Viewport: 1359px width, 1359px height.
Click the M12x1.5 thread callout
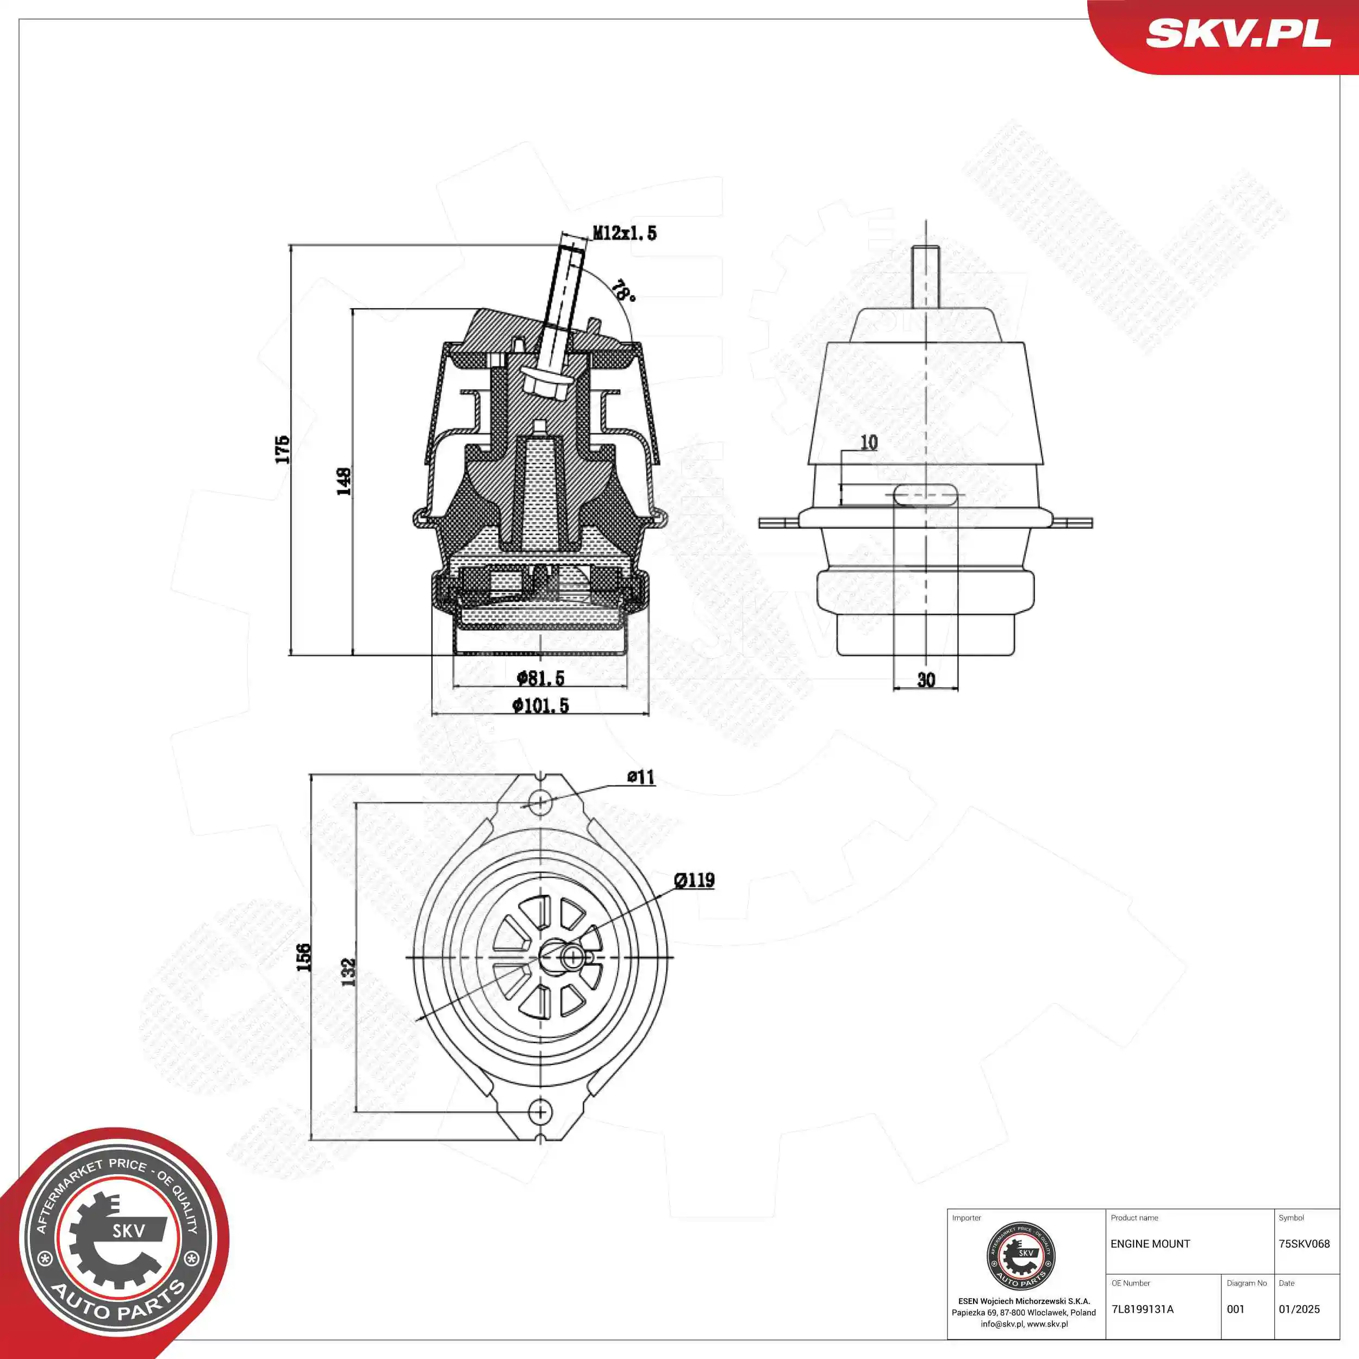(625, 233)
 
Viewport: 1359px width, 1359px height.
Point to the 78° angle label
(622, 290)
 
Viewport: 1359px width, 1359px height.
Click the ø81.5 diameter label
(540, 678)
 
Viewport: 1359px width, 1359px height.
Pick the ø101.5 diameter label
(540, 706)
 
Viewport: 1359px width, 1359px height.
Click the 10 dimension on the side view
(869, 442)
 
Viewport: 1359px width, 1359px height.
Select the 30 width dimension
(926, 679)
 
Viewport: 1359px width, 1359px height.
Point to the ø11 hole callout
(641, 777)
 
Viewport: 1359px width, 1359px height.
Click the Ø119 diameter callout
(694, 880)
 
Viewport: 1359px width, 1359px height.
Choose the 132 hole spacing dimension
(349, 971)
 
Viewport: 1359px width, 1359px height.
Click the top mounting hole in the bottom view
(540, 801)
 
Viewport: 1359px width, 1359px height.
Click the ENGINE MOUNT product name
(1150, 1244)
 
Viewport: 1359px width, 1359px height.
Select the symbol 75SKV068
(1304, 1244)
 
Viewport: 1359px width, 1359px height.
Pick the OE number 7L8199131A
(1142, 1309)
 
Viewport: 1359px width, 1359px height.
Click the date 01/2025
(1299, 1309)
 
